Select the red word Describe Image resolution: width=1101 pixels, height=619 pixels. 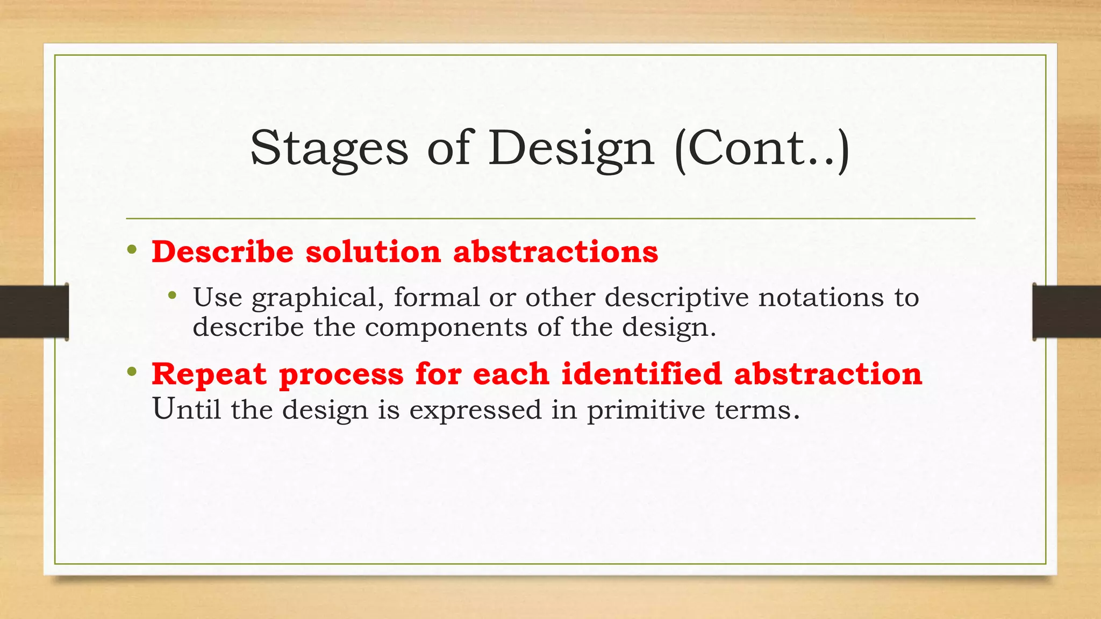(x=223, y=251)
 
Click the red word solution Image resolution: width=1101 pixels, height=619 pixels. (x=373, y=251)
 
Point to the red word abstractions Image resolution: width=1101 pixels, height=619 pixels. (x=555, y=251)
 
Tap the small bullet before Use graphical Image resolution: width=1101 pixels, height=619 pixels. (x=172, y=295)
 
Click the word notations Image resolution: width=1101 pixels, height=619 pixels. (x=821, y=298)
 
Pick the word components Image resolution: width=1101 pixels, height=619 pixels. (x=446, y=328)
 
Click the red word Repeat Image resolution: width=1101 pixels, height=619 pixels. (x=209, y=375)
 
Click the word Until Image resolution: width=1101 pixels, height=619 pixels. (x=187, y=409)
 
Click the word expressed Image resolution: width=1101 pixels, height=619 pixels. (x=475, y=411)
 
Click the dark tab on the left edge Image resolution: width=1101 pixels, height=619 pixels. (x=34, y=312)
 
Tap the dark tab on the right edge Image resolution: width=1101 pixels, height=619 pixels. (x=1067, y=312)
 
